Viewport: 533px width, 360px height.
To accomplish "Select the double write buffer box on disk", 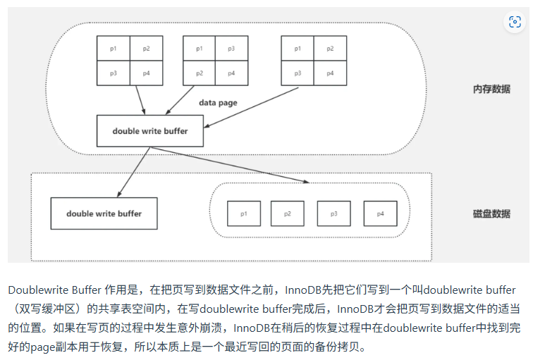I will tap(104, 213).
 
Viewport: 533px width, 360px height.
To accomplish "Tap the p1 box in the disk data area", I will tap(243, 213).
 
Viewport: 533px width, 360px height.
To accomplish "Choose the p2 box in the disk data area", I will tap(288, 213).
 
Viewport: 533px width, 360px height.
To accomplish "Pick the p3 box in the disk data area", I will tap(333, 213).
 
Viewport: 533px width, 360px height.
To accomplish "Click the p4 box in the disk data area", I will tap(380, 213).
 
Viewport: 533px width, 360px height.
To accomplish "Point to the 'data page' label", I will tap(218, 103).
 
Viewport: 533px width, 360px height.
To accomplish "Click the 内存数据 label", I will tap(491, 89).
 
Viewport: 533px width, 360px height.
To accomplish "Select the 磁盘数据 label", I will tap(491, 213).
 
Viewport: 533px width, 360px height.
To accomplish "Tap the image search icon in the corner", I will tap(515, 22).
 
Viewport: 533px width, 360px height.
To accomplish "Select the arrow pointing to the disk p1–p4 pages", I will tap(233, 165).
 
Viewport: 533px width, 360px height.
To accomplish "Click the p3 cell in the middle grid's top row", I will tap(231, 49).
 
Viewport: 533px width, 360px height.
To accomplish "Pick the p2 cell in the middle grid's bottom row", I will tap(200, 73).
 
